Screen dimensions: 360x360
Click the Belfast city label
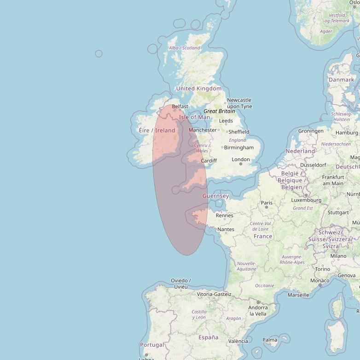point(180,106)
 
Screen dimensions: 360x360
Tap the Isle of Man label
point(194,117)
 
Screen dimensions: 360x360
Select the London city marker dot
point(241,164)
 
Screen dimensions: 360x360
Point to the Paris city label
point(267,203)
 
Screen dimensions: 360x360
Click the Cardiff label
point(209,161)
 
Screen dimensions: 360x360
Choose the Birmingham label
point(239,147)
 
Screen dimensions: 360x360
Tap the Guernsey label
point(215,196)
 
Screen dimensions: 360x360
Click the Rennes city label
point(225,215)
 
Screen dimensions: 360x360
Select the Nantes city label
point(226,229)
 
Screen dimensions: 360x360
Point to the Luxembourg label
point(306,200)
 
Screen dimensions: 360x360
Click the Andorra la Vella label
point(258,311)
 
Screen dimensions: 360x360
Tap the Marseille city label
point(298,295)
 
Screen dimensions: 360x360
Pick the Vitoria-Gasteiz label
point(214,294)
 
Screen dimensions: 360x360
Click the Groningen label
point(311,131)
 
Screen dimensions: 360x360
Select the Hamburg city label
point(347,133)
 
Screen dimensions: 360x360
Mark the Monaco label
point(319,280)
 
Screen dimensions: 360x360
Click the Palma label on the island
point(270,340)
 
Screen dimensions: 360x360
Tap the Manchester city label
point(203,130)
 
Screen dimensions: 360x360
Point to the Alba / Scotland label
point(184,48)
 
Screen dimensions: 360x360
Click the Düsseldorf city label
point(313,165)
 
